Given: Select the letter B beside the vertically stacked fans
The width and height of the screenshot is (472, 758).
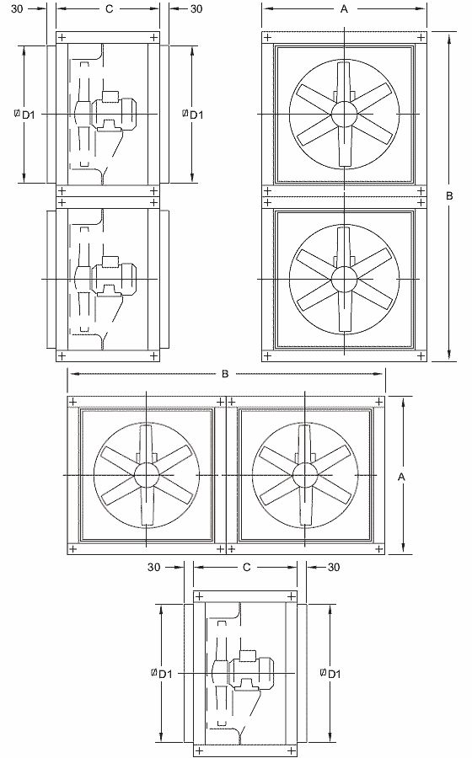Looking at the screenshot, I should (449, 195).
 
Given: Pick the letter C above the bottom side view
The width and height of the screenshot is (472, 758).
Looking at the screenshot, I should (246, 568).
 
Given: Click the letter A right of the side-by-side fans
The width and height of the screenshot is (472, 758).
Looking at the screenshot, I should (401, 477).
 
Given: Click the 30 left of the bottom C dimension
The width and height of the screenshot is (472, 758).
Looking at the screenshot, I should (154, 568).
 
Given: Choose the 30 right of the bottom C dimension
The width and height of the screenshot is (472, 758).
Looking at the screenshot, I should (333, 568).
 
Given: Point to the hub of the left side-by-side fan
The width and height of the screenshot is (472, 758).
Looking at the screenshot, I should (146, 475).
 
